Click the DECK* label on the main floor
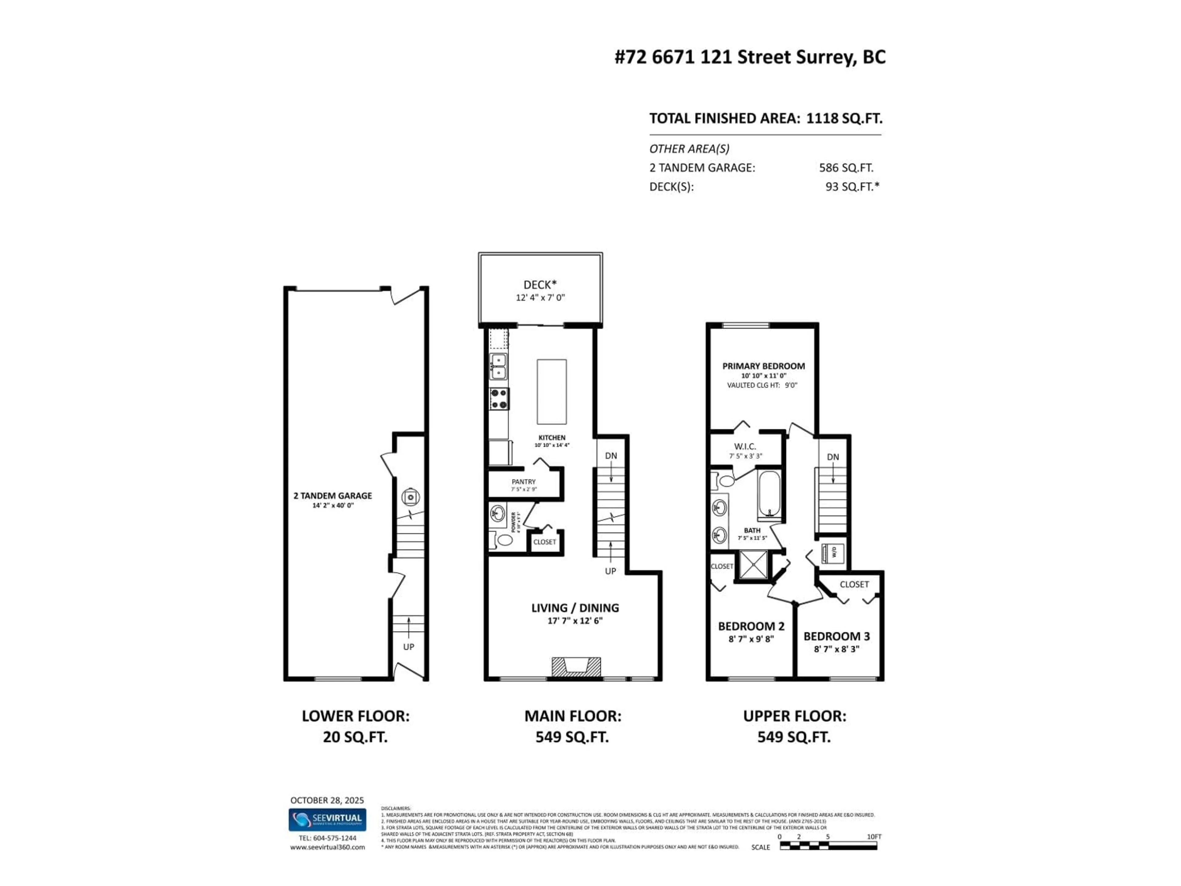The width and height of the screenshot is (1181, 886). (540, 285)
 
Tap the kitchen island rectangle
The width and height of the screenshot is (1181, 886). (551, 391)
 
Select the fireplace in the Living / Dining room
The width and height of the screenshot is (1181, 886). (576, 667)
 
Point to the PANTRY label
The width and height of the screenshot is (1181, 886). (523, 482)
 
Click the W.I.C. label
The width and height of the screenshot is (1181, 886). (745, 446)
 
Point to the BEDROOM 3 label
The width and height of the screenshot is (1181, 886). (837, 636)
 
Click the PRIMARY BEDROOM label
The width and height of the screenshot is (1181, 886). (763, 366)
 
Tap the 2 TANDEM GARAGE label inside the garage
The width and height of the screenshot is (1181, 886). (333, 496)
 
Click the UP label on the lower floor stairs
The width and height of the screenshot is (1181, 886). (408, 647)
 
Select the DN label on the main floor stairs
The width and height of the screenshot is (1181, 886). (611, 456)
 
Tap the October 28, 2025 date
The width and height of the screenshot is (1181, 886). (327, 800)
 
